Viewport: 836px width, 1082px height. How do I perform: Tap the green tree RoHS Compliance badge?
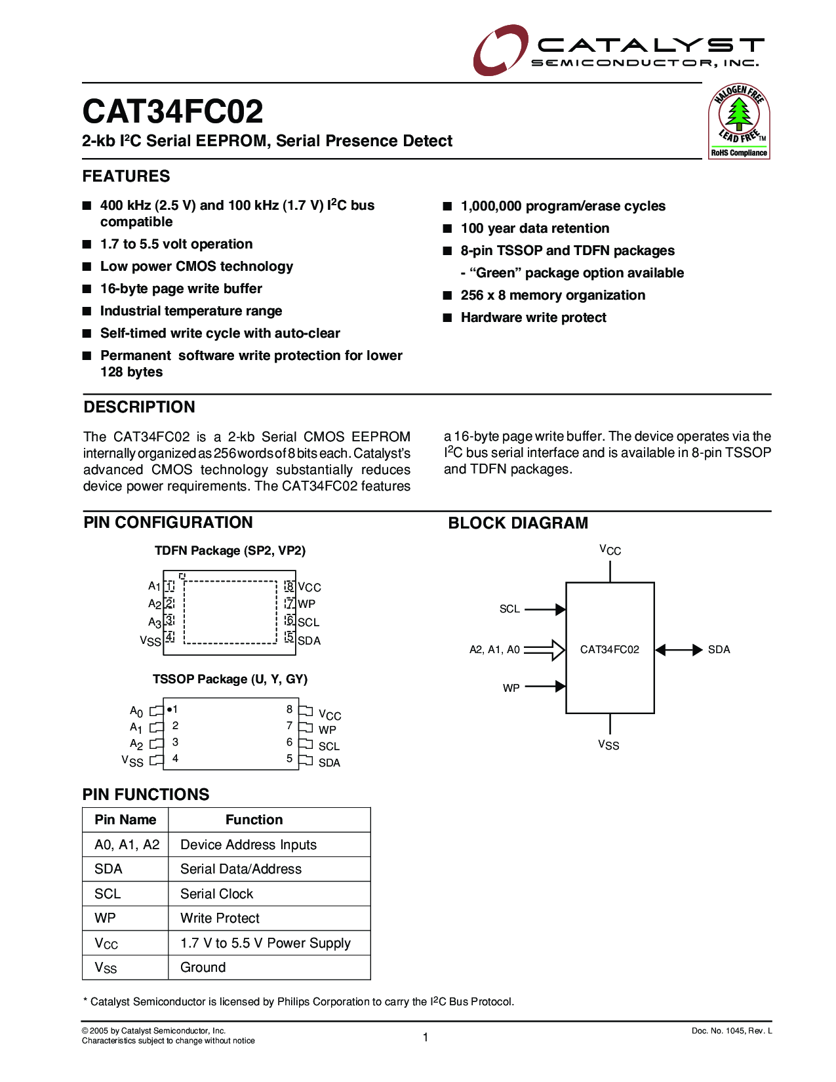(739, 121)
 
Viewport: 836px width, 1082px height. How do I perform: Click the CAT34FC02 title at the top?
(173, 111)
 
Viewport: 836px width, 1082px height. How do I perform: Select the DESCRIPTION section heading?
(139, 407)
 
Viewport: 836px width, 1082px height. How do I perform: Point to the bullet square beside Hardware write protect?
(448, 318)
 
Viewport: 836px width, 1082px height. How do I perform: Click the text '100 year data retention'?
(534, 228)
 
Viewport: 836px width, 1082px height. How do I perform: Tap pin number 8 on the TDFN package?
(290, 586)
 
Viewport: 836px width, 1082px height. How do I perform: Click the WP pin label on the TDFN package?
(306, 604)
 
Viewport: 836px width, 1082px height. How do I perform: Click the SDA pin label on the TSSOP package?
(329, 763)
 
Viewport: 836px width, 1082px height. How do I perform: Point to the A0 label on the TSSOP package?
(136, 711)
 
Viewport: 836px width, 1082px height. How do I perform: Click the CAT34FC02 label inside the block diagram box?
(609, 649)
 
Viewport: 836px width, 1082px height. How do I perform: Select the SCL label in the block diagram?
(509, 609)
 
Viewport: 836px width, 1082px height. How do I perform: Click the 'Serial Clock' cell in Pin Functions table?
(216, 894)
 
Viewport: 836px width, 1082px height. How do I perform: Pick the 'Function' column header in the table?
(254, 820)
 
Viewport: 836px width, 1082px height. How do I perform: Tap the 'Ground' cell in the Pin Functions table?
(203, 967)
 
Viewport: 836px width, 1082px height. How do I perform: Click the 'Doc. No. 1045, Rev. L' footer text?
(731, 1031)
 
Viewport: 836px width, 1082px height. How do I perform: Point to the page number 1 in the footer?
(426, 1037)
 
